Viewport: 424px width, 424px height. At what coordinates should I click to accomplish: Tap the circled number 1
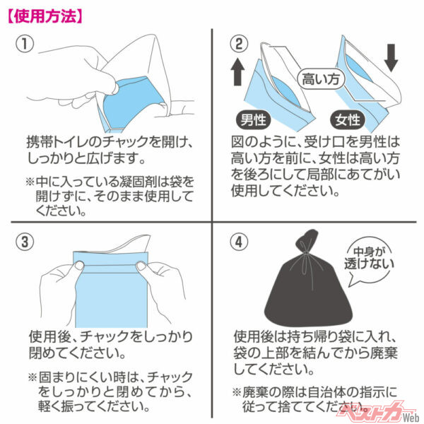26,44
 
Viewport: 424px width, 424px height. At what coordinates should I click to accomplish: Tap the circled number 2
240,44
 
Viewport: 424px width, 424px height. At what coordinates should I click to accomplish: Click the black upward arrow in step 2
238,73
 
